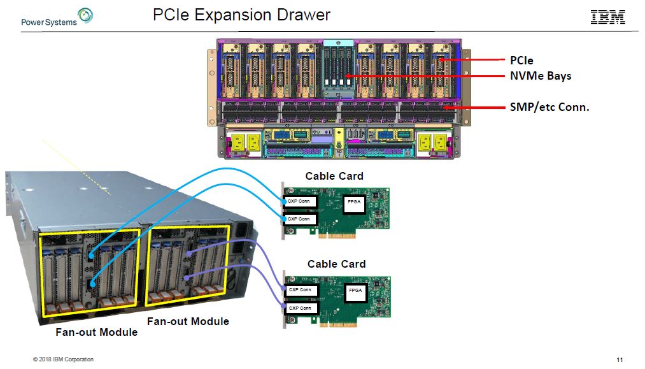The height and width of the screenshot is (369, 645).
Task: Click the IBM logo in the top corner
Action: click(x=607, y=17)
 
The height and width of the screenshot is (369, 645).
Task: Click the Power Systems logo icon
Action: click(x=85, y=15)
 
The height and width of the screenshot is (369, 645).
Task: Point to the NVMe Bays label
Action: click(x=541, y=76)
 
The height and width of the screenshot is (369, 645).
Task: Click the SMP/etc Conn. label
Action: click(x=549, y=107)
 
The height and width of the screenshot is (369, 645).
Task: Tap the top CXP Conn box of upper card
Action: click(x=299, y=201)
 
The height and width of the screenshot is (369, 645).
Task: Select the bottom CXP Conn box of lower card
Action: click(x=299, y=308)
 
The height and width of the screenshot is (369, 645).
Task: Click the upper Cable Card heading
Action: click(x=334, y=176)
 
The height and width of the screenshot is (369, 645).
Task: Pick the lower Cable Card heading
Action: click(x=336, y=264)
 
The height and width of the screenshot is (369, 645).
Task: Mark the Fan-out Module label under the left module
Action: click(x=96, y=332)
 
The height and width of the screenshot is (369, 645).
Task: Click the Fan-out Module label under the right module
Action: click(x=188, y=321)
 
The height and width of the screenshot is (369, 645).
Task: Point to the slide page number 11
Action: click(x=620, y=360)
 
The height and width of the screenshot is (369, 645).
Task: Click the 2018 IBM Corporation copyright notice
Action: click(x=63, y=359)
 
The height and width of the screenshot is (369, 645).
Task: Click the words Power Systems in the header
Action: click(x=48, y=22)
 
